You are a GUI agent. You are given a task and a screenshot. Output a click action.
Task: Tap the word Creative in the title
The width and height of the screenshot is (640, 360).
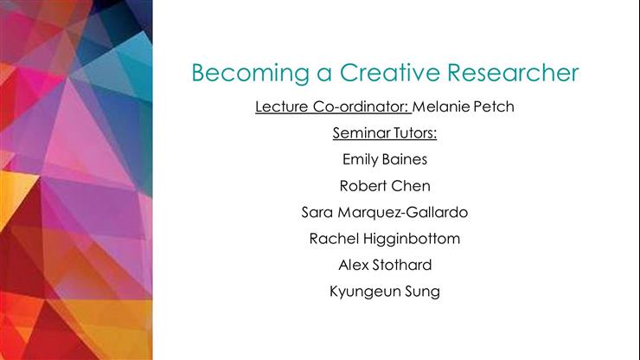pyautogui.click(x=377, y=73)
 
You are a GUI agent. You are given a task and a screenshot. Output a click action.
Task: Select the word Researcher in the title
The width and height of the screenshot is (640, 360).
pyautogui.click(x=509, y=73)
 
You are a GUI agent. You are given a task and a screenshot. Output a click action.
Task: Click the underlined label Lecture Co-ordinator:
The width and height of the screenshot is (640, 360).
pyautogui.click(x=332, y=108)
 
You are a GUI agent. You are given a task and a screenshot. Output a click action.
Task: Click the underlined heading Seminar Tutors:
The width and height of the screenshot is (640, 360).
pyautogui.click(x=385, y=134)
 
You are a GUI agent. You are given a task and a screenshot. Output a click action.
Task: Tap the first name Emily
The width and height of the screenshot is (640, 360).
pyautogui.click(x=362, y=160)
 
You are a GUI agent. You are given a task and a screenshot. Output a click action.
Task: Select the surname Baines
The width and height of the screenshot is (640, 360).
pyautogui.click(x=406, y=160)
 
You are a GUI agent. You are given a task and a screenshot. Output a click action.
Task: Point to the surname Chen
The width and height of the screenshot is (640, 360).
pyautogui.click(x=410, y=186)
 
